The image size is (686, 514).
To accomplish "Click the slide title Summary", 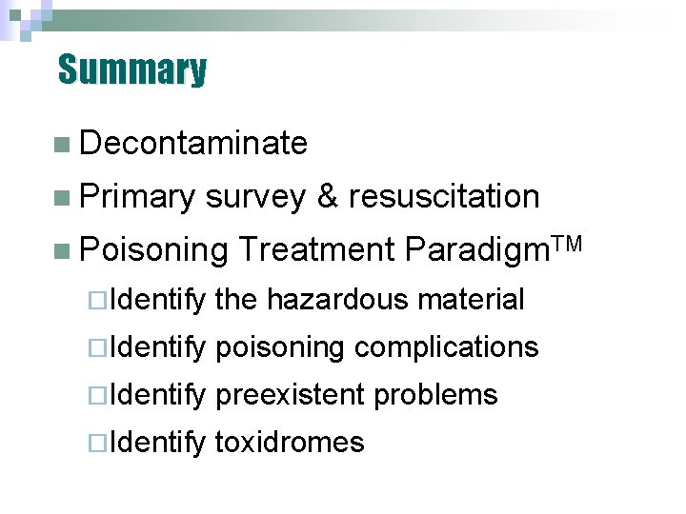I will tap(131, 69).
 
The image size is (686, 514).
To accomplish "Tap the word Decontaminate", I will tap(194, 144).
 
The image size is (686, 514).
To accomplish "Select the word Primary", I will tap(138, 197).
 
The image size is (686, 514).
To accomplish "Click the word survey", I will tap(255, 197).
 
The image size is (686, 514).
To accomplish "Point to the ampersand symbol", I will tap(327, 197).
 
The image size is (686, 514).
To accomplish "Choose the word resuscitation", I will tap(444, 197).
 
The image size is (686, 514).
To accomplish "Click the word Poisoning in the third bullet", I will tap(154, 250).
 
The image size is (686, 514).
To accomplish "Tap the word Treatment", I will tap(316, 250).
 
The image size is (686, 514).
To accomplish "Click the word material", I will tap(472, 300).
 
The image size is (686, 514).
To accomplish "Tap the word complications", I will tap(447, 347).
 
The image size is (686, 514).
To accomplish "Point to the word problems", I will tap(436, 394).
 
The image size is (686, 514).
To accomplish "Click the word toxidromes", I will tap(291, 442).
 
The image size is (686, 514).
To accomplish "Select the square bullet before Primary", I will tap(63, 198).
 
